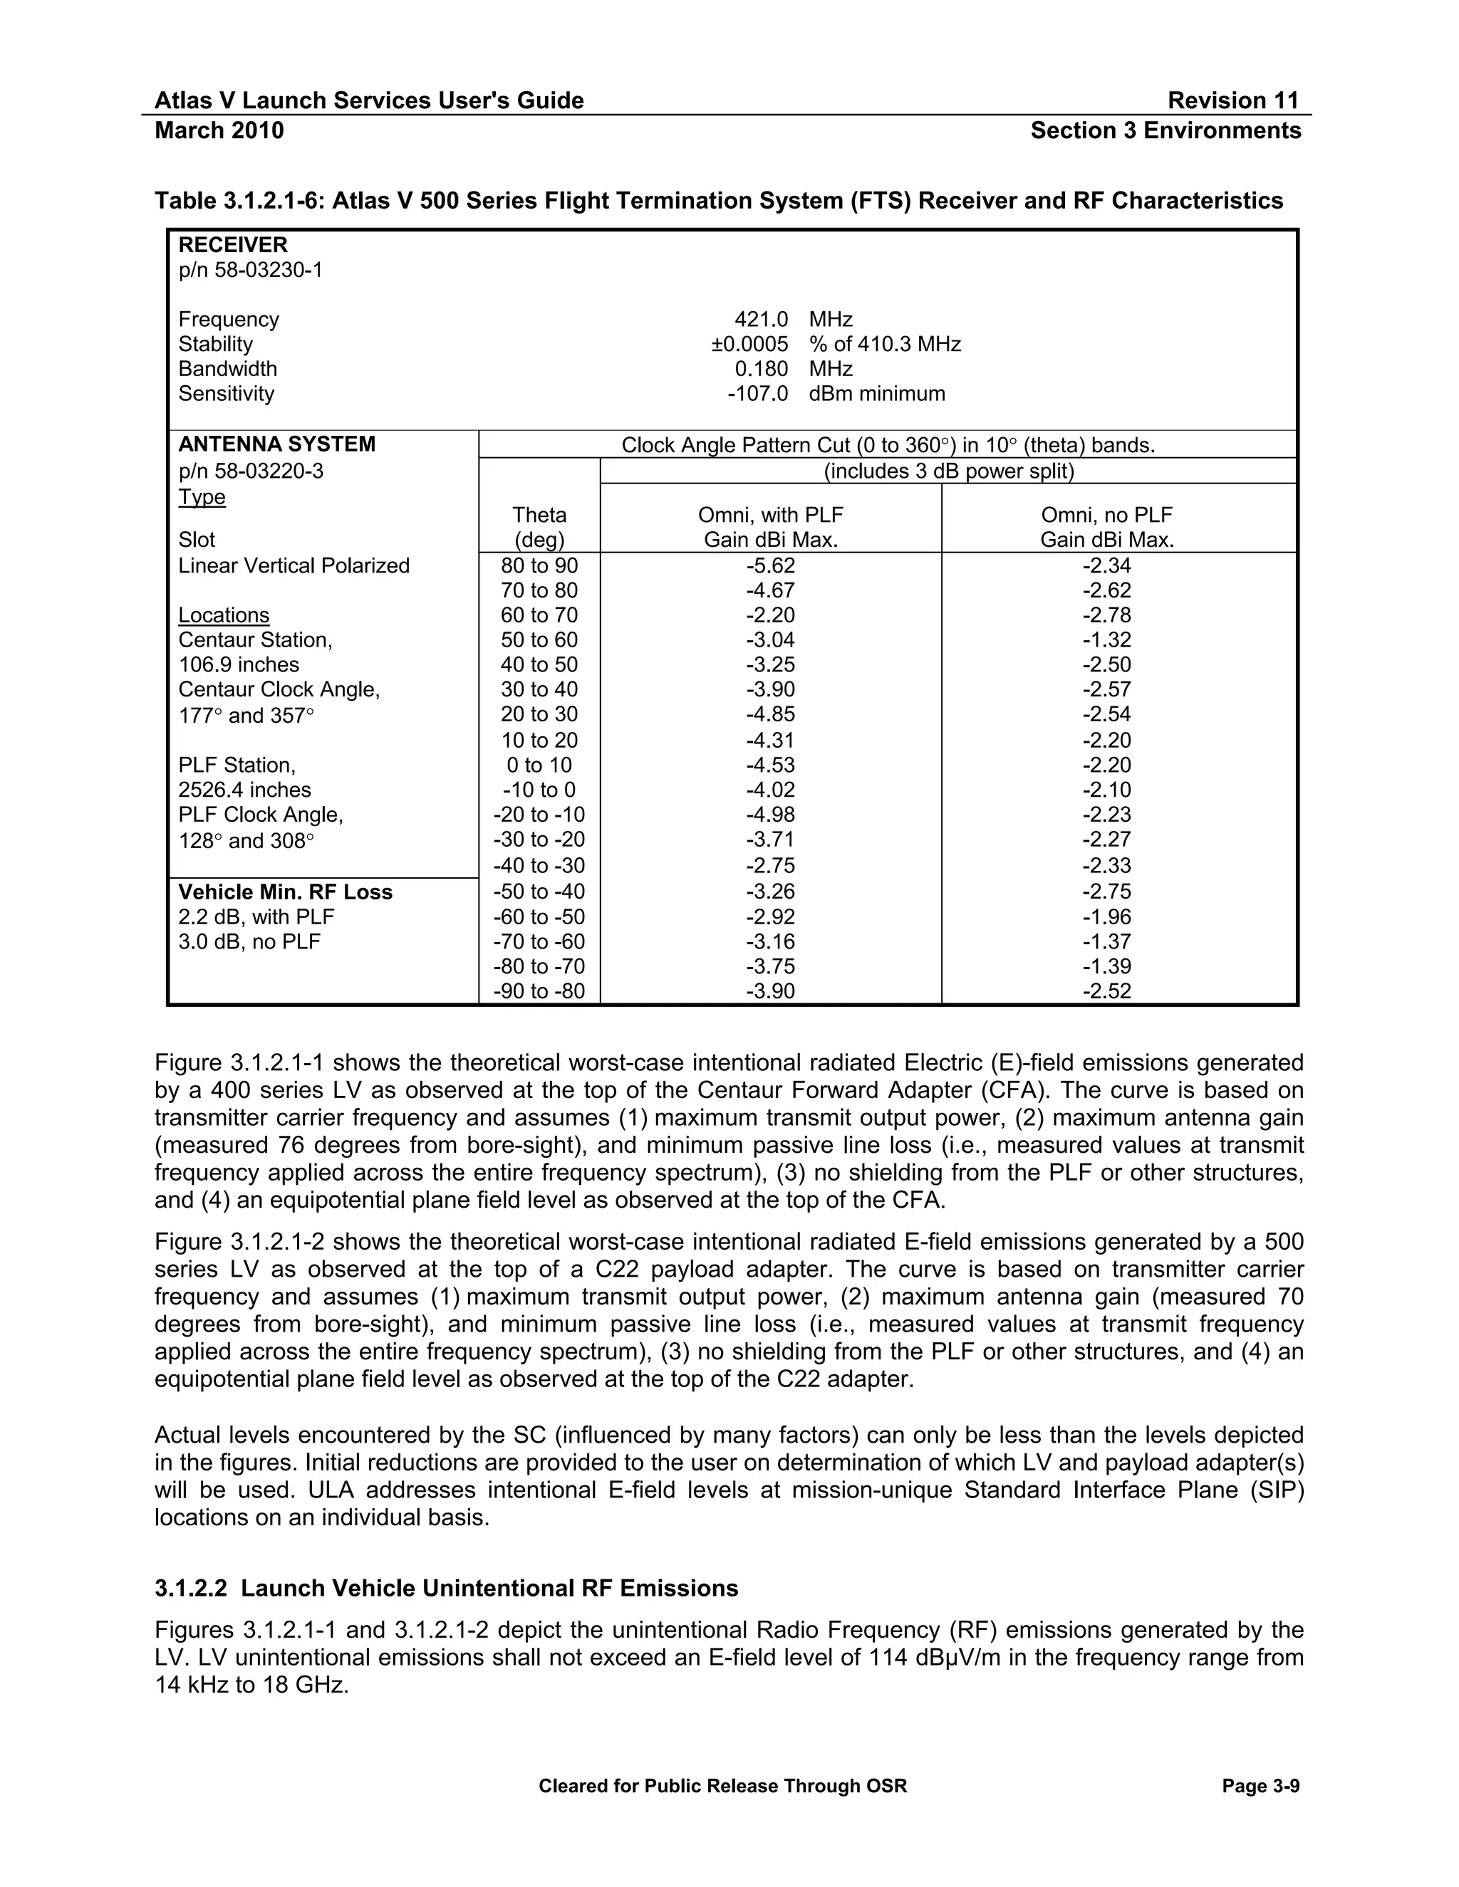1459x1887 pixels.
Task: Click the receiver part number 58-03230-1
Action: coord(250,271)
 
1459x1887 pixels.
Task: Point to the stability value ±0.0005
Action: coord(749,345)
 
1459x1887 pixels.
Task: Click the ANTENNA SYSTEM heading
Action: coord(276,444)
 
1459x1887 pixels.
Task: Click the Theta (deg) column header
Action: coord(539,527)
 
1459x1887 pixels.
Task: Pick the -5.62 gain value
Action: coord(770,566)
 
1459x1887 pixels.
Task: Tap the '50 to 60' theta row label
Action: coord(539,640)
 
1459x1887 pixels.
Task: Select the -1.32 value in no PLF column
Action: coord(1106,640)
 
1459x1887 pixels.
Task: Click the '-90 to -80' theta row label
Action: coord(539,991)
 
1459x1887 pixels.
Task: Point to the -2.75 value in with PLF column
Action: coord(770,866)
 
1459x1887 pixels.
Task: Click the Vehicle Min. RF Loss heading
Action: coord(285,892)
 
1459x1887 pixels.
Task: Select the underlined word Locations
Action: coord(224,615)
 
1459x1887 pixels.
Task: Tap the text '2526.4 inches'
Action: coord(244,790)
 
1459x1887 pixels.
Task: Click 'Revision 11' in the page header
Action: coord(1232,101)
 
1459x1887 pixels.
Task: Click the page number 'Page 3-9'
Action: coord(1260,1786)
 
